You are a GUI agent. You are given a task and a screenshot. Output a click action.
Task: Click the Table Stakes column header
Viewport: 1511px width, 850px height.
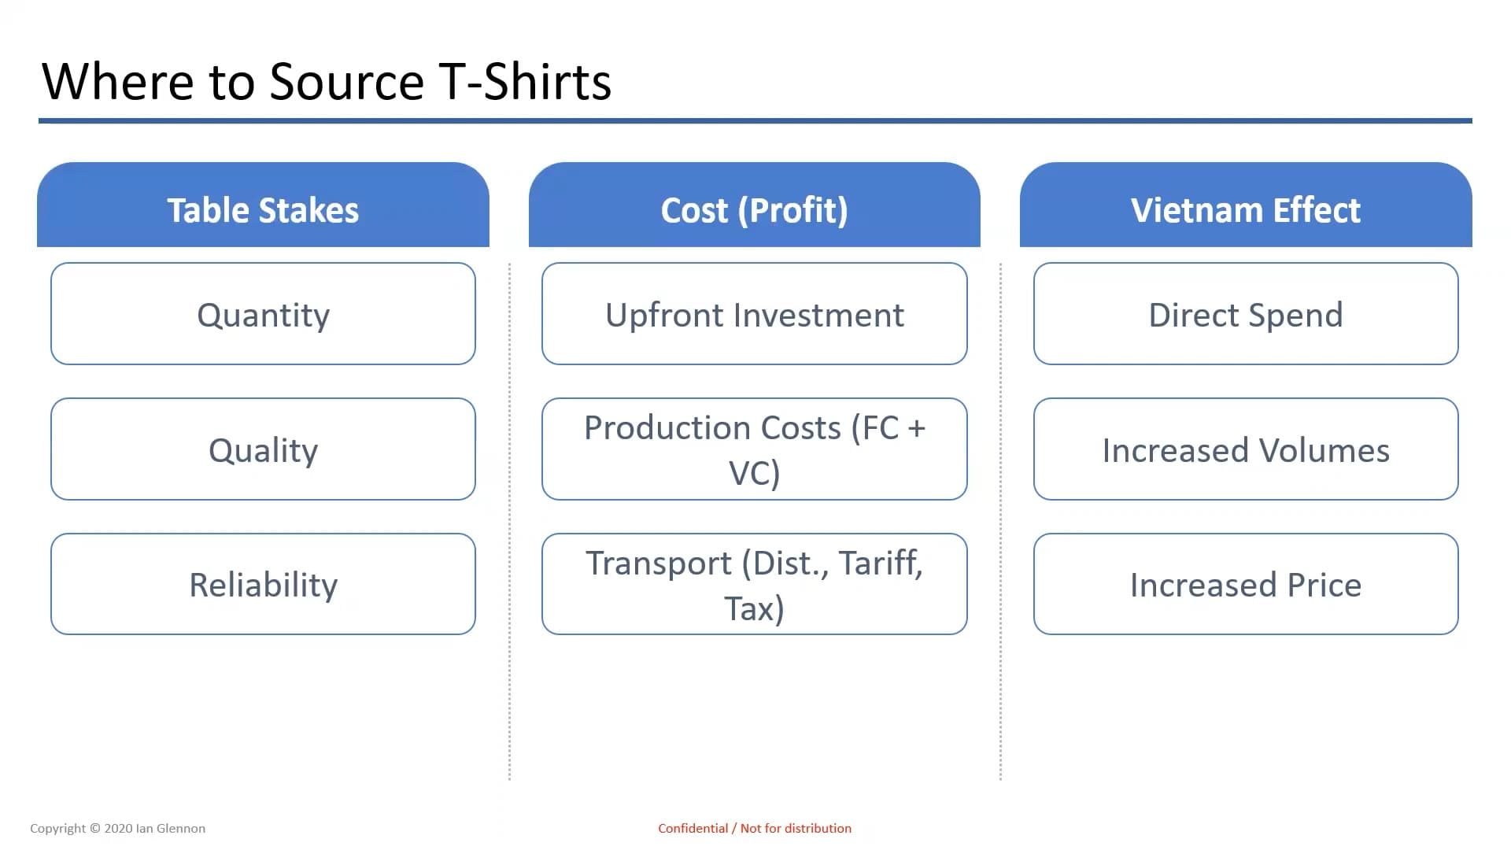(x=263, y=205)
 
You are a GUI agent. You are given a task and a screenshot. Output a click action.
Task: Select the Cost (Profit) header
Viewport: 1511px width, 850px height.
(x=755, y=205)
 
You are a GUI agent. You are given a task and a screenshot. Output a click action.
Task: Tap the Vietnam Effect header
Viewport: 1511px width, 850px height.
(x=1246, y=205)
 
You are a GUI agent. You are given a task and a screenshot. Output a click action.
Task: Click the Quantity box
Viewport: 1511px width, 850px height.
(x=263, y=313)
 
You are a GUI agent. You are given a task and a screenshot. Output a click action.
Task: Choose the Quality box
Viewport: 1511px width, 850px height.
(x=263, y=449)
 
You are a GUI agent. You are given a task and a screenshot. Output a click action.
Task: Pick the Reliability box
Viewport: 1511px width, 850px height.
(x=263, y=584)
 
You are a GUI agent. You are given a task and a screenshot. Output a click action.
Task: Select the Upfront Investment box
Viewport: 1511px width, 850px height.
(x=755, y=313)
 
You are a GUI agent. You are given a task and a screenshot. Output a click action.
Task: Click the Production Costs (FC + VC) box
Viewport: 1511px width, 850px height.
(x=755, y=449)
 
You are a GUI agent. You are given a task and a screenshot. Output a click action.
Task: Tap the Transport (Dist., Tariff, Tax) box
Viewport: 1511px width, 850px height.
(x=755, y=584)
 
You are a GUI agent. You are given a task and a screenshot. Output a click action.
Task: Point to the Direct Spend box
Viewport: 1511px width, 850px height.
(x=1246, y=313)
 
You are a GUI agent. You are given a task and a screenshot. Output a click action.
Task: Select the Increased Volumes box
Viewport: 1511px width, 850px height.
(x=1246, y=449)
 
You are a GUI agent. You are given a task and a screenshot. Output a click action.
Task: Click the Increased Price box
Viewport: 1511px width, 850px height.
(x=1246, y=584)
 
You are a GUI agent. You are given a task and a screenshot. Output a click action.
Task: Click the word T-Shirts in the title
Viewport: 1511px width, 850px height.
(x=526, y=81)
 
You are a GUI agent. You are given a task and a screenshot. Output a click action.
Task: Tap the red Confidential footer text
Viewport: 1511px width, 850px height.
(x=755, y=828)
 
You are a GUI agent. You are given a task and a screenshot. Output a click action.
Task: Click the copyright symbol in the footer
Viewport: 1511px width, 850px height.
(x=95, y=828)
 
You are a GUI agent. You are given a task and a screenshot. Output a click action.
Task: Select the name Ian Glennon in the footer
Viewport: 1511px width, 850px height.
(x=171, y=828)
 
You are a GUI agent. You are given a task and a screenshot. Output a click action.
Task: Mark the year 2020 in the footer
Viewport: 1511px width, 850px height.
(x=118, y=828)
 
